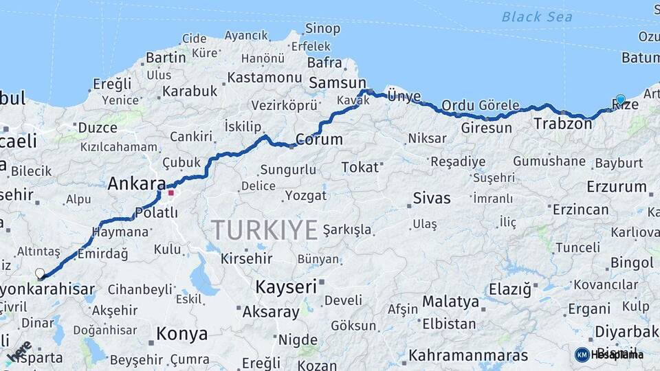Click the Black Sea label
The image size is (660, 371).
point(537,16)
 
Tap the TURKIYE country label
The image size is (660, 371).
point(265,229)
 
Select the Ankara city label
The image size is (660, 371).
point(137,183)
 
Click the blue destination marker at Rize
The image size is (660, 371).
point(621,100)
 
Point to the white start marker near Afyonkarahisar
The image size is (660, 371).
point(40,273)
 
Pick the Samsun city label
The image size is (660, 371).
point(337,82)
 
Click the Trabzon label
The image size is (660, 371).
point(562,124)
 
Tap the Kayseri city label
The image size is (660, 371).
point(285,286)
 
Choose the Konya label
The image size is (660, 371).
point(181,334)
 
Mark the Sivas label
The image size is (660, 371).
point(431,198)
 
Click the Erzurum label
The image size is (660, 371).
point(617,186)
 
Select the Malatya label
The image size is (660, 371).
point(450,301)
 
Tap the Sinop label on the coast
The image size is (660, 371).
point(322,28)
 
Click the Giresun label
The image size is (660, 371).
point(486,128)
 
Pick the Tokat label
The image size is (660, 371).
point(360,167)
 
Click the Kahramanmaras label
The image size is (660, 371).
point(467,355)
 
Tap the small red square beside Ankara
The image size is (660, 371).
point(171,192)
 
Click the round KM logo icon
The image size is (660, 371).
point(582,355)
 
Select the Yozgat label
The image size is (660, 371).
point(306,195)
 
